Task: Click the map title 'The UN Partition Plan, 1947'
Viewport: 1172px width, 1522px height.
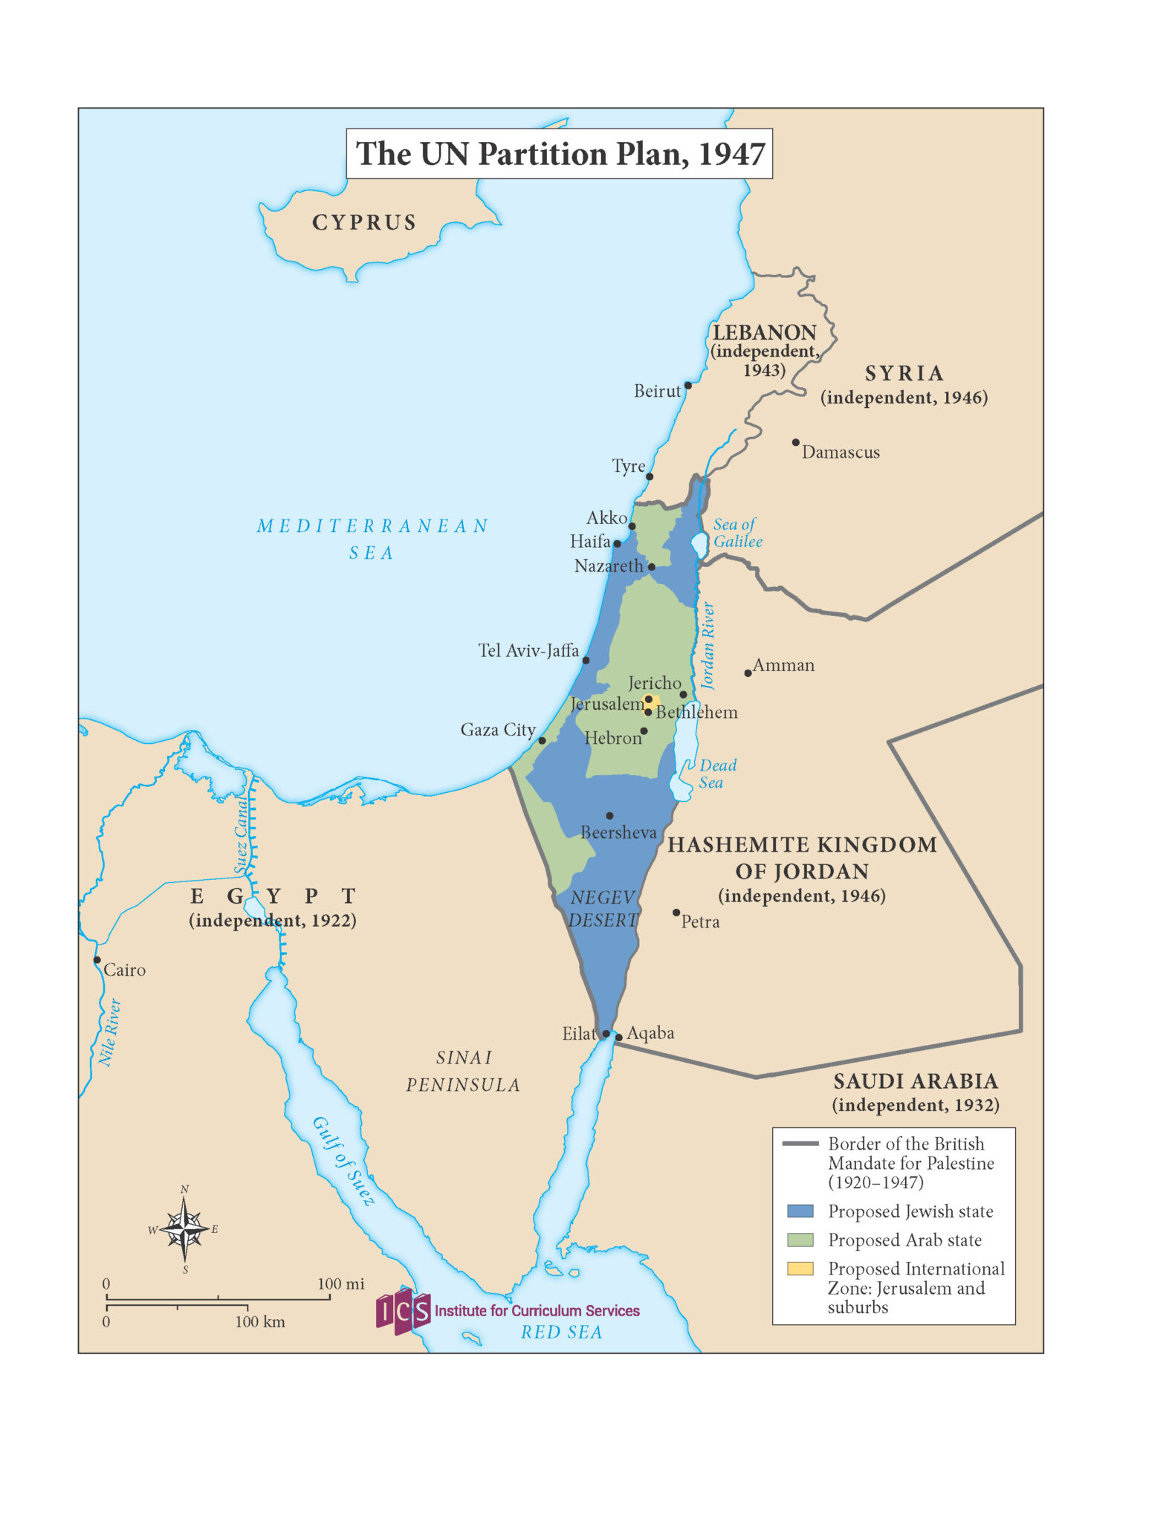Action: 560,154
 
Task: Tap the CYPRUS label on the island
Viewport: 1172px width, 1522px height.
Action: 364,222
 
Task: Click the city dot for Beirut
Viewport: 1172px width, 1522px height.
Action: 688,385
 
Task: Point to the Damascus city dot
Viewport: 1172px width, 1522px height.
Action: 795,442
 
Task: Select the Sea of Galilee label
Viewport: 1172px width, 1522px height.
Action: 736,533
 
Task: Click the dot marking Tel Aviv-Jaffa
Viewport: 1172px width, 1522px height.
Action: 586,660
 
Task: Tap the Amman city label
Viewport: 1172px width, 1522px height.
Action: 783,665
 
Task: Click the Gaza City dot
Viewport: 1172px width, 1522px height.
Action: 542,740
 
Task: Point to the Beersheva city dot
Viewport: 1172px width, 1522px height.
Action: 609,815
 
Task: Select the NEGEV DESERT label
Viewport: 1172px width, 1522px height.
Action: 603,909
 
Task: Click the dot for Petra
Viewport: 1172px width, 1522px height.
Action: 676,913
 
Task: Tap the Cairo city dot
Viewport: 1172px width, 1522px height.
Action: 97,960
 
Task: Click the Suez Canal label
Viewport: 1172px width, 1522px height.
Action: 242,834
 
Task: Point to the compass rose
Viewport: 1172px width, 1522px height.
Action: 184,1230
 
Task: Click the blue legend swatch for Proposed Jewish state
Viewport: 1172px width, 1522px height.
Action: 800,1211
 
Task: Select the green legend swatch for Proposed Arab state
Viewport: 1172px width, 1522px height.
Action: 800,1240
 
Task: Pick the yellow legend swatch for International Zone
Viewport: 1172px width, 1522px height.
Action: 800,1269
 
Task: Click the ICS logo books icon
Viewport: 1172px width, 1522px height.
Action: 403,1312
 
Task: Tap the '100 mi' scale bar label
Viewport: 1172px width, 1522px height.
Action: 340,1284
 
